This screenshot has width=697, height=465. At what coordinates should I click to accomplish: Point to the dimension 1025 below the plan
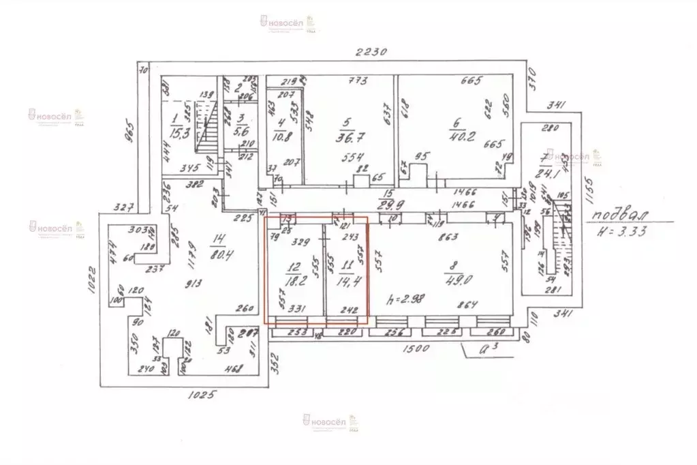202,395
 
